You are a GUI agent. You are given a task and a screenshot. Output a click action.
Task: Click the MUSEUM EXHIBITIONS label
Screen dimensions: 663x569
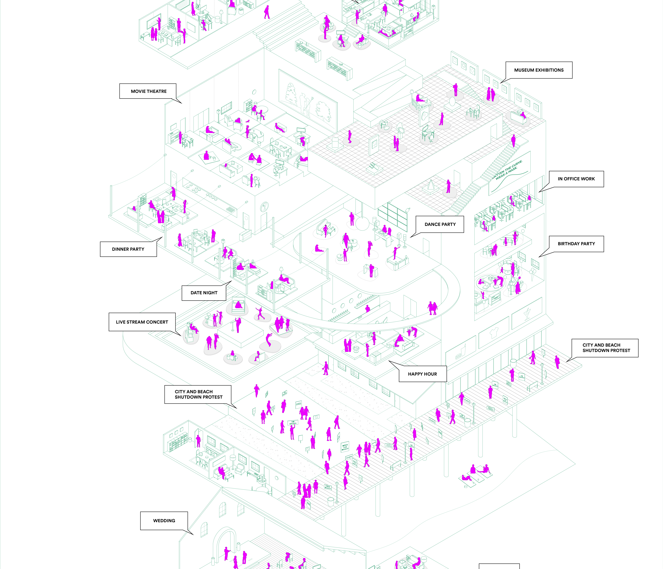(x=539, y=70)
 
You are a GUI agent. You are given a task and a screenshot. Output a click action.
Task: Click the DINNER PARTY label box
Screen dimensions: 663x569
(x=128, y=249)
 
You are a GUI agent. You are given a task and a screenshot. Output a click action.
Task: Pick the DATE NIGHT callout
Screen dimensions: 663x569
(x=204, y=293)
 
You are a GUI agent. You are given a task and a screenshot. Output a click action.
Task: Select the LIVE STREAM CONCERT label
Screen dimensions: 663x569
(x=142, y=322)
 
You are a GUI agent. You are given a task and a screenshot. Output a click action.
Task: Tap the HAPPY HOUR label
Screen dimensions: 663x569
(x=422, y=374)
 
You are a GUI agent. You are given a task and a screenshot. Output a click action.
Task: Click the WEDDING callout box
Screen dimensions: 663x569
(x=164, y=521)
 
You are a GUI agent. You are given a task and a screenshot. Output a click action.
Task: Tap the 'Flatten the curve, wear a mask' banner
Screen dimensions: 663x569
(x=509, y=172)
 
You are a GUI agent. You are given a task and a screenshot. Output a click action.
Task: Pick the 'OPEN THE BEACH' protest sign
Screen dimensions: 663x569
(x=345, y=447)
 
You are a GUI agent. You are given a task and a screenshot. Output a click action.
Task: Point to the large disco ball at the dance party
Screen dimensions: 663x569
(x=362, y=224)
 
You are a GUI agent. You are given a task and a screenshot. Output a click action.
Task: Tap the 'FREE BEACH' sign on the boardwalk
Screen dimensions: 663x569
(x=328, y=488)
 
